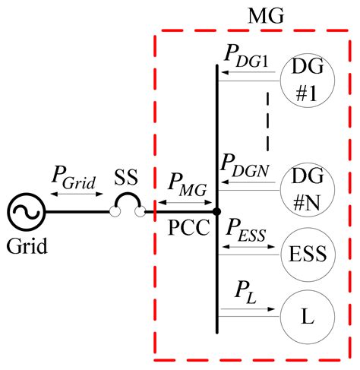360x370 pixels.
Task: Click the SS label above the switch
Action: click(127, 178)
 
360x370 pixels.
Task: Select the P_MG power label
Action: click(181, 182)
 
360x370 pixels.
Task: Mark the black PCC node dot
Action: click(217, 211)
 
